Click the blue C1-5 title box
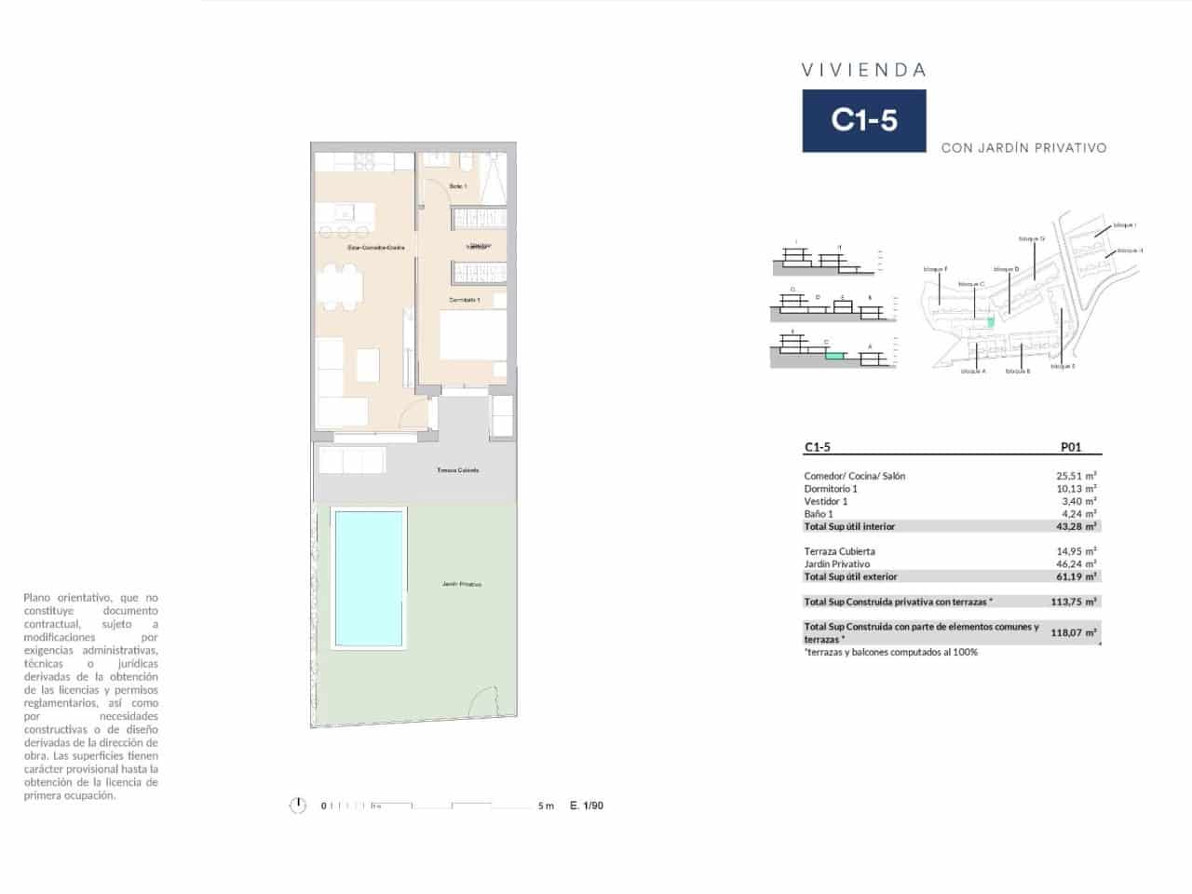864,120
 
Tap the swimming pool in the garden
369,577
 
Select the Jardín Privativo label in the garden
462,584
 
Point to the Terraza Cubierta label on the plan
458,470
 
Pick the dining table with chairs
339,286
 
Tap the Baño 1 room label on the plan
458,187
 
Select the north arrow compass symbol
298,806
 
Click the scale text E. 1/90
587,806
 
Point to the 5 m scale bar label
546,806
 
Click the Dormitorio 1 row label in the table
831,489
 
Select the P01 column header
1071,447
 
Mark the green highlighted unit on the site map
991,321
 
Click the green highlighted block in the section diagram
835,355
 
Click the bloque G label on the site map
1032,238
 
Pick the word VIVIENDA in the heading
863,70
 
